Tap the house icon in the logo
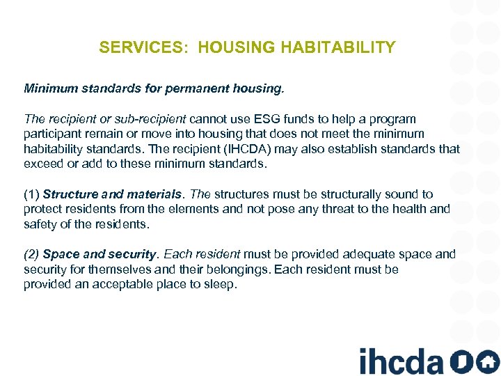pos(487,361)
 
